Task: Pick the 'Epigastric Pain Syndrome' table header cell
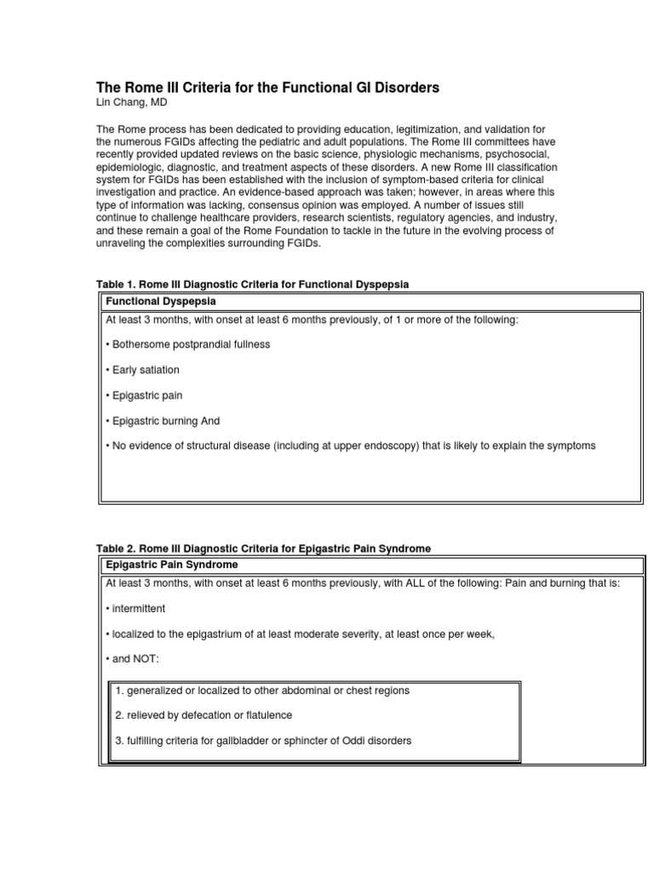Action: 171,565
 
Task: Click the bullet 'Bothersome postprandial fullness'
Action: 188,344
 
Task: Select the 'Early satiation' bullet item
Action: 142,370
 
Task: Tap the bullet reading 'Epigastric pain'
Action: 144,395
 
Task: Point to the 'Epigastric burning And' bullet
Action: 163,421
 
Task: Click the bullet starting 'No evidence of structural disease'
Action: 350,446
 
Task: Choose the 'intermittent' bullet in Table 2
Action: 135,609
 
